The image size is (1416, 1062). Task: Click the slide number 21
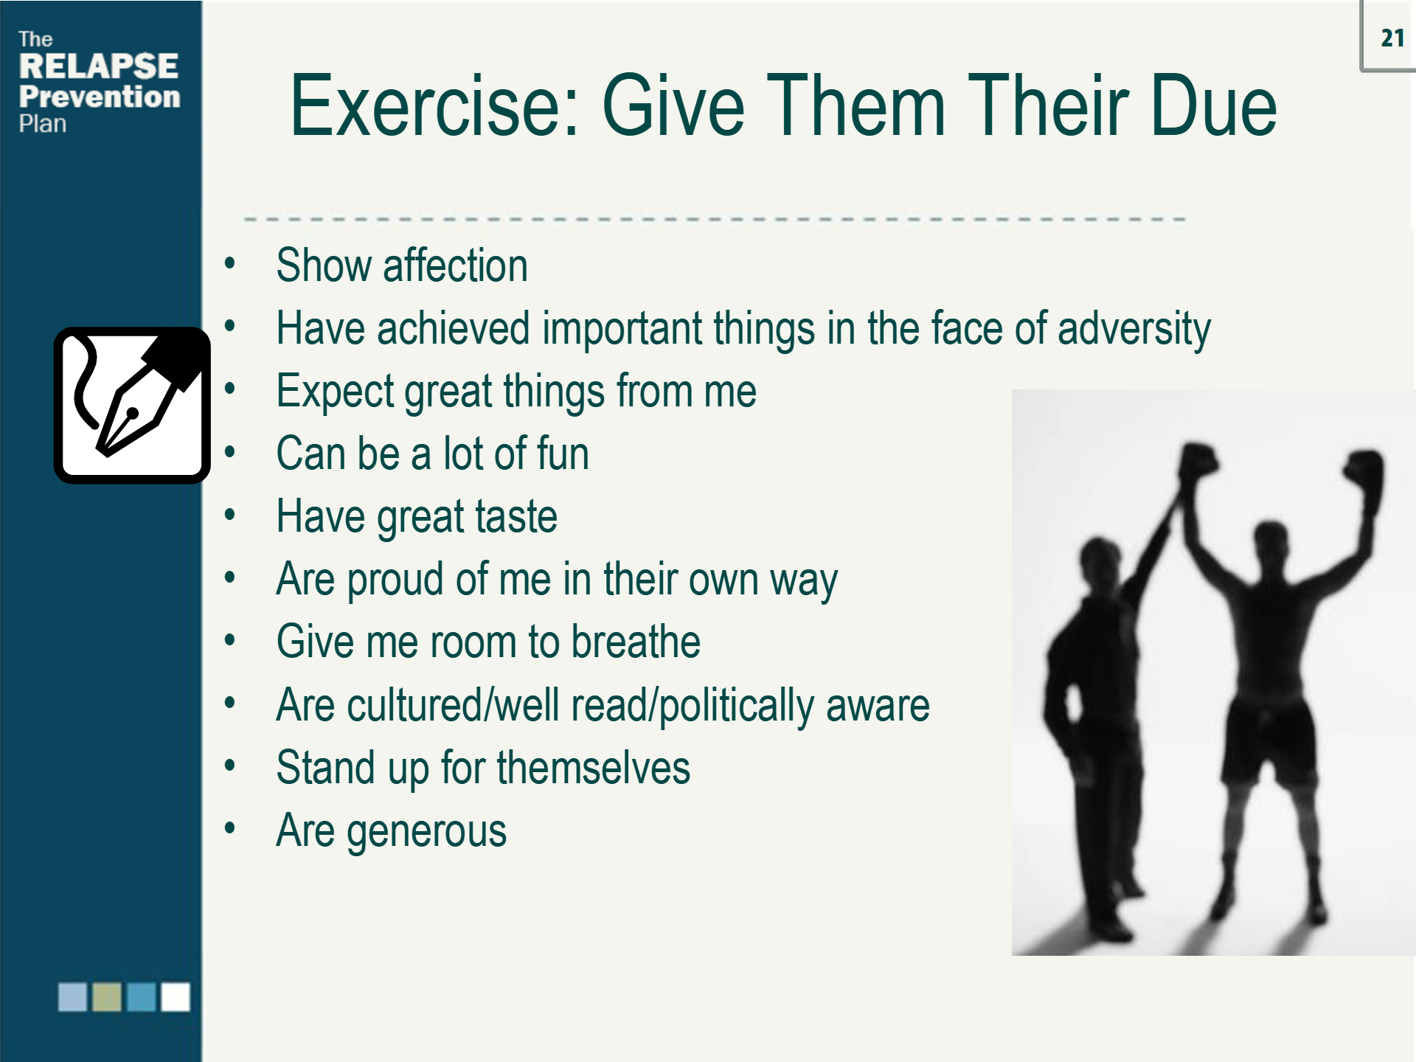point(1392,38)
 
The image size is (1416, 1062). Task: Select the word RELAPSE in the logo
point(98,66)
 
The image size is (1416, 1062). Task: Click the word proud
point(395,580)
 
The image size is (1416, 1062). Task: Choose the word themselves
point(593,768)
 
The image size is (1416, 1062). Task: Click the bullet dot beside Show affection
point(230,263)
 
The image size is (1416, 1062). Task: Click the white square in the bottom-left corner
point(176,997)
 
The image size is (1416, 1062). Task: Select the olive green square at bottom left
point(107,997)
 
